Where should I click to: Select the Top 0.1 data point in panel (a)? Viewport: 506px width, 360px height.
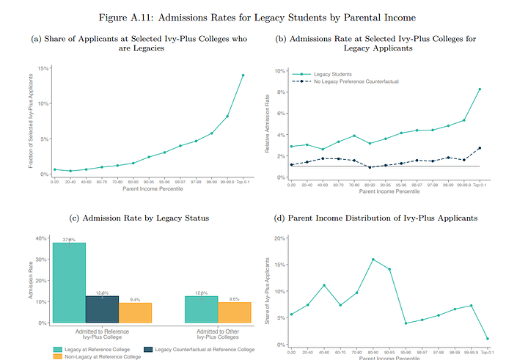point(243,76)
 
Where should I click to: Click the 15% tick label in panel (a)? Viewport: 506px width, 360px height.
point(43,68)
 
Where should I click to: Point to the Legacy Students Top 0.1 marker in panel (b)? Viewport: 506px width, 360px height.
point(479,89)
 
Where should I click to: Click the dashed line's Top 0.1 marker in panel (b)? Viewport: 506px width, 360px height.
point(479,148)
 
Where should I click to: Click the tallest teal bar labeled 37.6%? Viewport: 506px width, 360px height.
point(70,282)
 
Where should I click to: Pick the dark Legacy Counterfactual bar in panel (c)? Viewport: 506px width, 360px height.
point(102,309)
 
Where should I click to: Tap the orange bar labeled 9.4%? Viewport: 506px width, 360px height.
point(135,312)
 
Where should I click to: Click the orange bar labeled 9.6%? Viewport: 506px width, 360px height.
point(235,312)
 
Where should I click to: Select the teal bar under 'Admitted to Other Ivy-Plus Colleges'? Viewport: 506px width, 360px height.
point(202,309)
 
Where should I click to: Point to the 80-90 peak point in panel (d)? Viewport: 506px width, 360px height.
point(373,260)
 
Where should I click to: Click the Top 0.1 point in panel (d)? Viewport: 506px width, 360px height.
point(488,339)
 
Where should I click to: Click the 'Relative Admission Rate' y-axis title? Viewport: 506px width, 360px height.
point(267,125)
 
